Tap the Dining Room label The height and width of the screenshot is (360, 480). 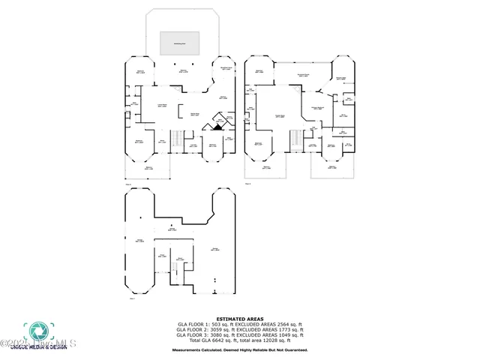pyautogui.click(x=194, y=115)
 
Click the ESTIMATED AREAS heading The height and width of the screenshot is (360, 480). pyautogui.click(x=239, y=318)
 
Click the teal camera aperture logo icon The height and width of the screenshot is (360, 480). pyautogui.click(x=36, y=331)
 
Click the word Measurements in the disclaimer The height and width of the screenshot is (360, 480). pyautogui.click(x=186, y=349)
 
